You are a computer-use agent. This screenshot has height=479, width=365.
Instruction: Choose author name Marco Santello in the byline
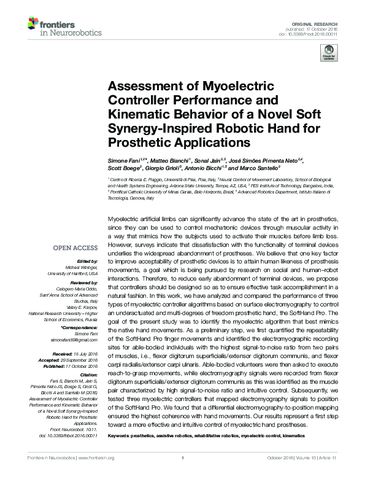point(262,167)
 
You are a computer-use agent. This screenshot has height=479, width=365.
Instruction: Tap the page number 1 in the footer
point(183,472)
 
